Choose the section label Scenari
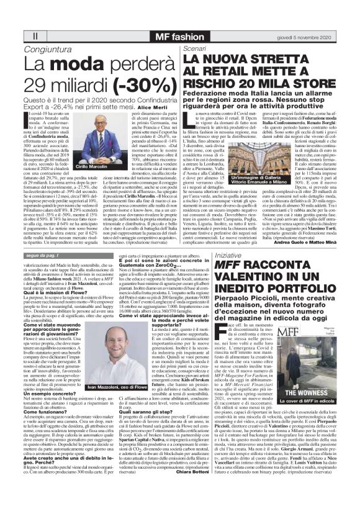click(x=194, y=48)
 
